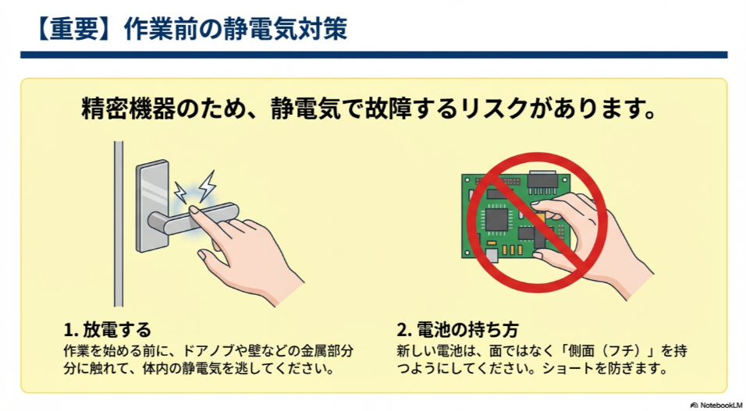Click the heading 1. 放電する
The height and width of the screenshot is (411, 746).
[x=107, y=328]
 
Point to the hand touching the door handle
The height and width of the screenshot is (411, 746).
[x=250, y=250]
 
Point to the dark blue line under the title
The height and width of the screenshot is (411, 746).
[x=373, y=55]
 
